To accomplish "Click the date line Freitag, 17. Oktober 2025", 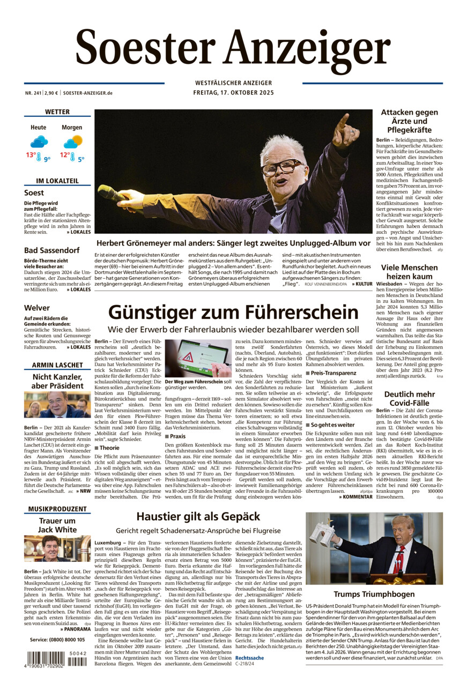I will coord(233,93).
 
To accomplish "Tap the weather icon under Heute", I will coord(39,142).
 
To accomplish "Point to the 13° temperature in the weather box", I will coord(31,155).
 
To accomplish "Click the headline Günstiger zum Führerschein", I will coord(233,312).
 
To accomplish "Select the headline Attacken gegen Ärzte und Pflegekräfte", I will coord(409,121).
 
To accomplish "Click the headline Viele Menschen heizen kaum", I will coord(409,272).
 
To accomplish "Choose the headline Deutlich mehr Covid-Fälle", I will coord(409,399).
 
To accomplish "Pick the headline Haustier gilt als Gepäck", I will coord(198,516).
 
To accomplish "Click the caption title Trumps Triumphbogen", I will coord(374,594).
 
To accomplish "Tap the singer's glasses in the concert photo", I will coord(281,167).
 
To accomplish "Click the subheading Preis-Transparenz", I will coord(333,373).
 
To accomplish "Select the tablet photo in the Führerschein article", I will coord(198,358).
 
